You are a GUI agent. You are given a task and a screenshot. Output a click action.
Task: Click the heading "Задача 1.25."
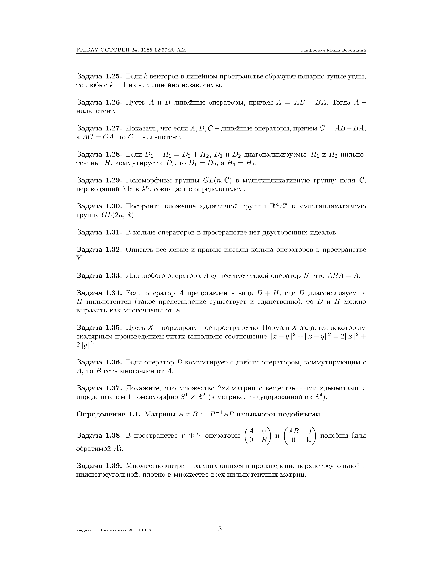[x=99, y=77]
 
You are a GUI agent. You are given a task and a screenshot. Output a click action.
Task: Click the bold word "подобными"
[x=299, y=414]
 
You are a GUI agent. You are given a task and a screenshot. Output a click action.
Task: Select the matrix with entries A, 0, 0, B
[x=258, y=436]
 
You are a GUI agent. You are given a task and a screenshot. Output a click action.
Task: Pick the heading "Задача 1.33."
[x=99, y=276]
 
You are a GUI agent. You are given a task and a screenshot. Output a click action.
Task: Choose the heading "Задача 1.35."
[x=99, y=328]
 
